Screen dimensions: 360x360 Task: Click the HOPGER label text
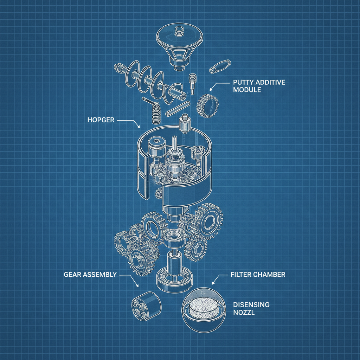101,120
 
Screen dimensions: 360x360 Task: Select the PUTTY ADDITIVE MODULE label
259,86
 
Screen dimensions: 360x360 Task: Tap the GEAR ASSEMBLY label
90,275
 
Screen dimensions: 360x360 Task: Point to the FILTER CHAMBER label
258,275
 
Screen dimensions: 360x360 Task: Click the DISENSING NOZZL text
251,308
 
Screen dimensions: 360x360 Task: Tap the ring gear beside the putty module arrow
208,105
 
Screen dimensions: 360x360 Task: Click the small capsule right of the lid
219,66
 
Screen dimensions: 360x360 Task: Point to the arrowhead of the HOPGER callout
140,127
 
